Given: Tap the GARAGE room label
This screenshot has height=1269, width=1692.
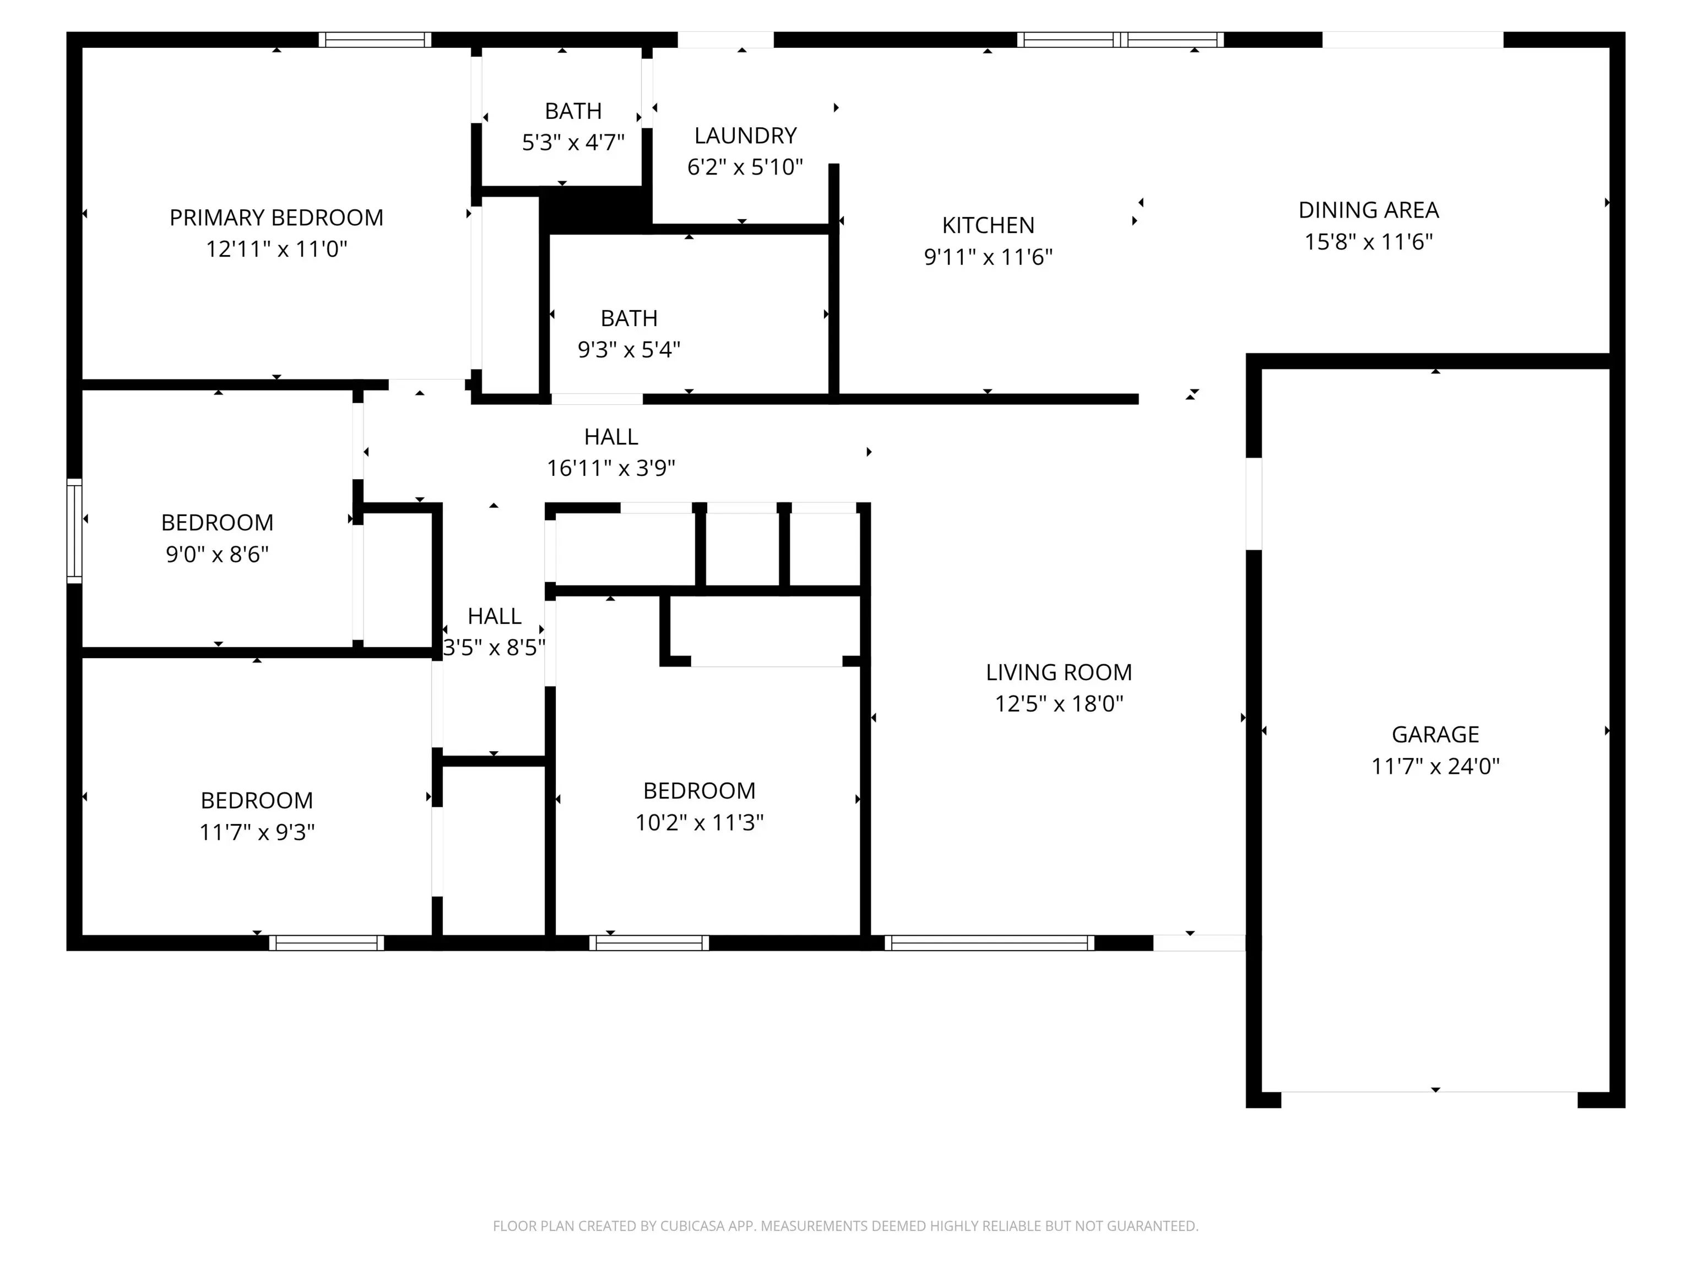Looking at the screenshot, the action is tap(1435, 734).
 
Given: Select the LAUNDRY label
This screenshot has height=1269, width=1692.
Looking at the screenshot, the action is tap(745, 135).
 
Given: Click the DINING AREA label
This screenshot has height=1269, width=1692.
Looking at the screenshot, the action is tap(1369, 210).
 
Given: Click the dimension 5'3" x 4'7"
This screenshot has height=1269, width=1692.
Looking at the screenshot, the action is tap(573, 142).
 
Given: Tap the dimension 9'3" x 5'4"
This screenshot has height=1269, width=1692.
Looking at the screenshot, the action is tap(629, 350).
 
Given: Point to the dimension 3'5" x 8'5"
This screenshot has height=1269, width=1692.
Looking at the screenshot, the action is tap(494, 648).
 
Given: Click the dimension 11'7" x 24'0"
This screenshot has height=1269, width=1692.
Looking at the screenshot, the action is tap(1435, 766).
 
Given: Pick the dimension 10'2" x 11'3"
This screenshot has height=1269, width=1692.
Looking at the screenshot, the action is tap(699, 822).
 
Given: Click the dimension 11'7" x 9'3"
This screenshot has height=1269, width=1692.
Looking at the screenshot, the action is tap(257, 832).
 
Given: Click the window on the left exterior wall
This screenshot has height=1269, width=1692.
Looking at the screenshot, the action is tap(74, 531).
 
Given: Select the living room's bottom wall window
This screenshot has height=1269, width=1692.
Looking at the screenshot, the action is tap(990, 943).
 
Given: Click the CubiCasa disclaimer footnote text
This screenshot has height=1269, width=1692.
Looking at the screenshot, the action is tap(845, 1226).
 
